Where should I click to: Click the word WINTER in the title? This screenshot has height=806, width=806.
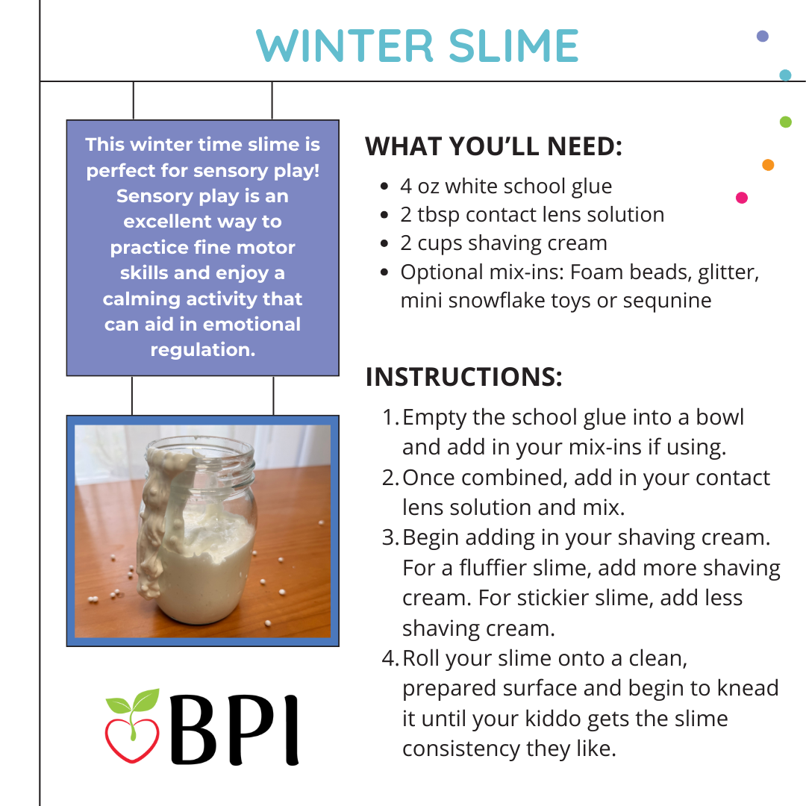pyautogui.click(x=343, y=46)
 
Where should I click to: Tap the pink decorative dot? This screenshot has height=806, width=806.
pyautogui.click(x=742, y=198)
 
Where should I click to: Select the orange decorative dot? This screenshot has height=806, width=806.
pyautogui.click(x=768, y=165)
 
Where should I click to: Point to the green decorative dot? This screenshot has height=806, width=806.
pyautogui.click(x=785, y=122)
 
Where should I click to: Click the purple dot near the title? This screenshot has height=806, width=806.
pyautogui.click(x=763, y=36)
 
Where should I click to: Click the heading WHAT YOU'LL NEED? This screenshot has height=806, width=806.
pyautogui.click(x=493, y=146)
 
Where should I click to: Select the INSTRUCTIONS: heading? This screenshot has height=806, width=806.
pyautogui.click(x=463, y=377)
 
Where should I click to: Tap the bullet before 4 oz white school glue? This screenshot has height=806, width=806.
pyautogui.click(x=384, y=187)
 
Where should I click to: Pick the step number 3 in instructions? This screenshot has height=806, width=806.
pyautogui.click(x=389, y=538)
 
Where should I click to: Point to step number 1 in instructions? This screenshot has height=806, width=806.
pyautogui.click(x=389, y=417)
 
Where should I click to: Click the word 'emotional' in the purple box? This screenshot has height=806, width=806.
pyautogui.click(x=252, y=325)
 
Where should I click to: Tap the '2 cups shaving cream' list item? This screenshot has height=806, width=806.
pyautogui.click(x=504, y=243)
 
